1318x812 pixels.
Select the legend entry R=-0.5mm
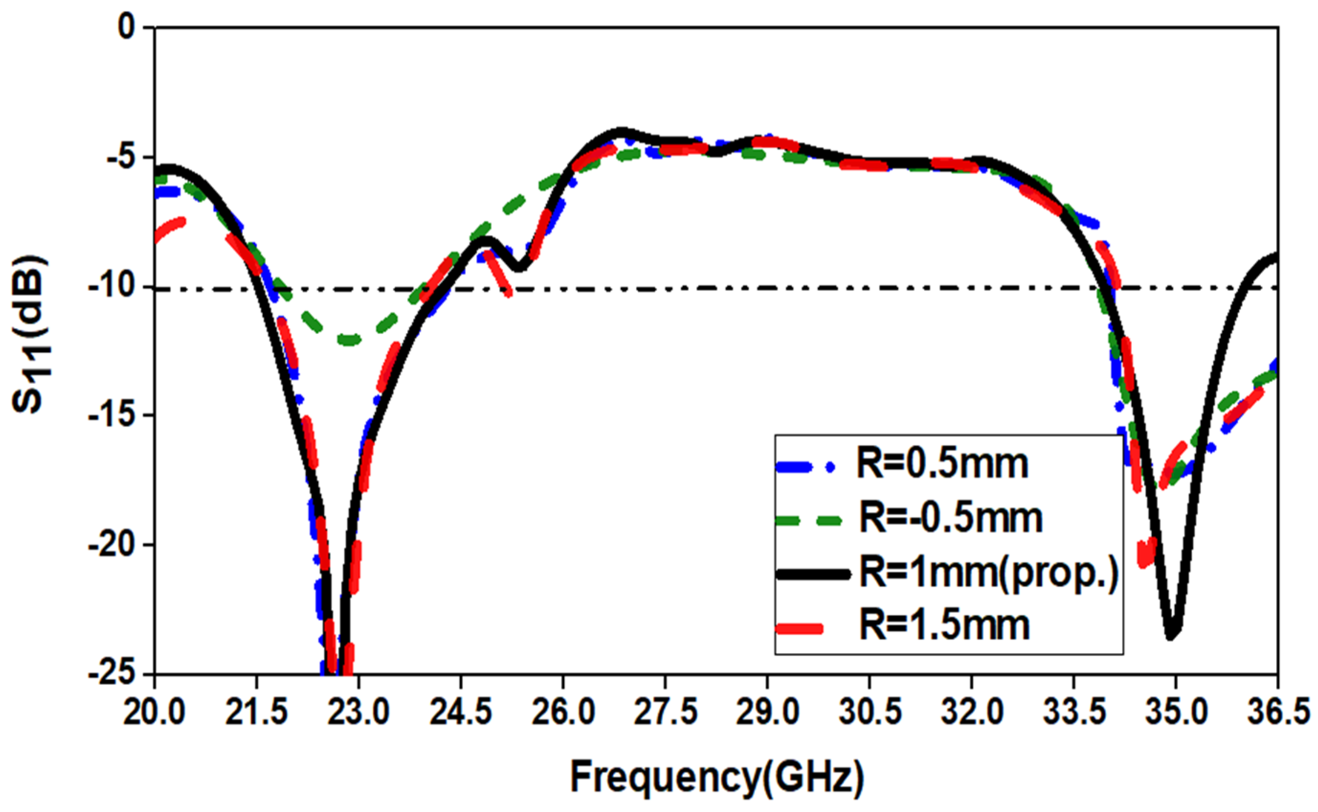[x=951, y=518]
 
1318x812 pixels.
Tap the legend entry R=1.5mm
[x=944, y=626]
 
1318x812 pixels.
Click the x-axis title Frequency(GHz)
[x=717, y=778]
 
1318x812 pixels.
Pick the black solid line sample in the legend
[x=813, y=574]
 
